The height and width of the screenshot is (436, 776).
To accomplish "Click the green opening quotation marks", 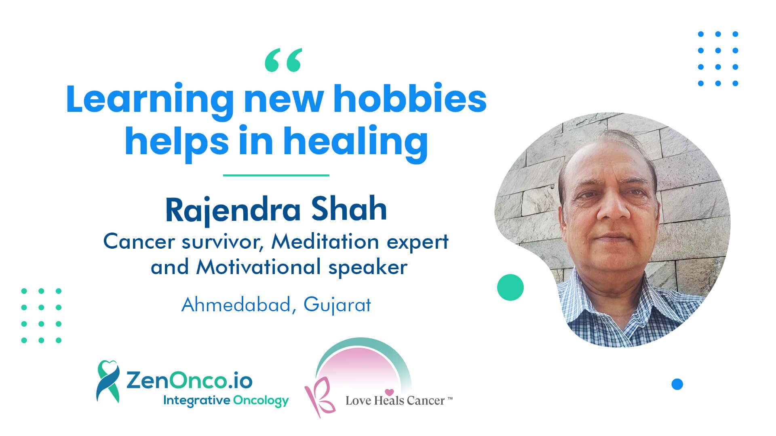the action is pos(283,60).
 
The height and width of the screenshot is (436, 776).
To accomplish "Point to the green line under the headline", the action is pos(276,175).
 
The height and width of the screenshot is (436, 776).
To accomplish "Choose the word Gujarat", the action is pos(337,305).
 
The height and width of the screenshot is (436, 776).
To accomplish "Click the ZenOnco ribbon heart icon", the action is pos(108,381).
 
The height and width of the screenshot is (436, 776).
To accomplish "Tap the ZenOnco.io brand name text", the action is pos(190,381).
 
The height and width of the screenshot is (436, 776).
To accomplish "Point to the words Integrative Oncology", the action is pos(226,401).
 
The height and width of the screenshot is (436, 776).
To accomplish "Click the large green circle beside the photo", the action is pos(510,287).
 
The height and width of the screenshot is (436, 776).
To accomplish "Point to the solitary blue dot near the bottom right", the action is pos(677,384).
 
